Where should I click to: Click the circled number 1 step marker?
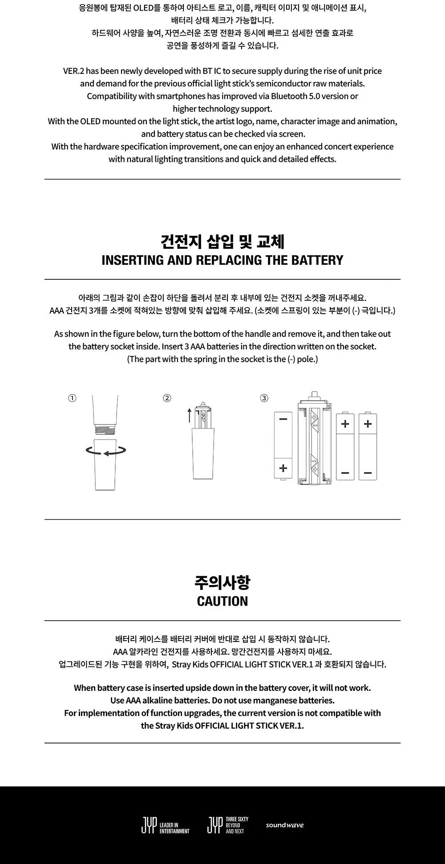point(72,398)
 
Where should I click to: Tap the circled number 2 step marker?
point(167,398)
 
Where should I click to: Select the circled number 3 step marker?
point(264,398)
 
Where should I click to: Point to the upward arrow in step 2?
point(190,415)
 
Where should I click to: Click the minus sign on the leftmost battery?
point(283,419)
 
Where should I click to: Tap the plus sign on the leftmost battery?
point(283,468)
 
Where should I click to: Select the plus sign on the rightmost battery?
point(368,424)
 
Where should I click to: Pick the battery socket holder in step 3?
point(315,439)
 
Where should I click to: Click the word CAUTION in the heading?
point(222,601)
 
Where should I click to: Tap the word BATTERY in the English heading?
point(318,260)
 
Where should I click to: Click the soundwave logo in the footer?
point(285,825)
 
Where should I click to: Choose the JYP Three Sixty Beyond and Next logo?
point(228,825)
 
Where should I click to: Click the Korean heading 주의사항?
point(222,582)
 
